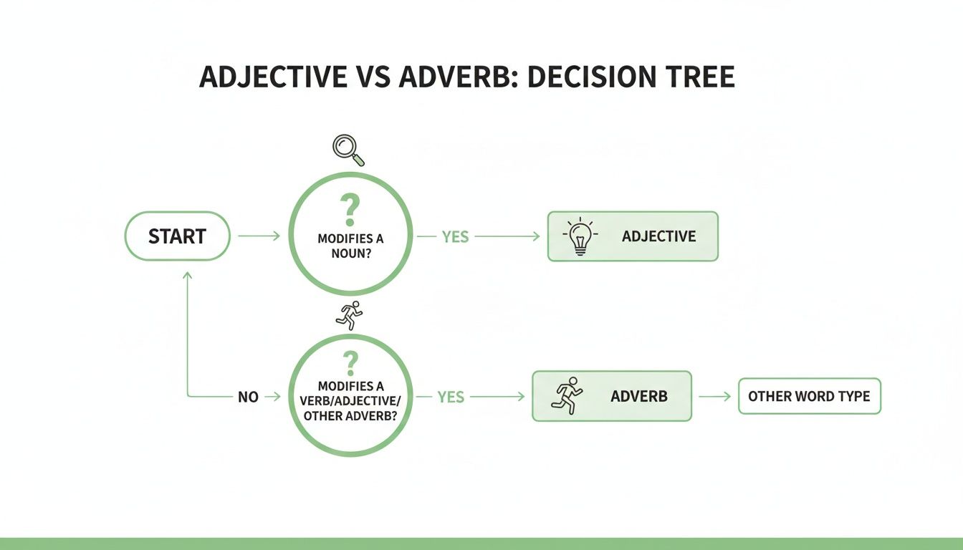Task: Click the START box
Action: click(x=177, y=236)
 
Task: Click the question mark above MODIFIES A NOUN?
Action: click(x=350, y=211)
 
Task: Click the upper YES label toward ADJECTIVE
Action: click(x=455, y=236)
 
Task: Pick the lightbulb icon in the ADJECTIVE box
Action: click(x=579, y=236)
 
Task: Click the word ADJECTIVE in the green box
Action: click(x=658, y=236)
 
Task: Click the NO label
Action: click(x=248, y=397)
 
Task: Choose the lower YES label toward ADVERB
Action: click(x=451, y=397)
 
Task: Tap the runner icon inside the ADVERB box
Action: click(x=567, y=396)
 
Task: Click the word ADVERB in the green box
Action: click(x=638, y=396)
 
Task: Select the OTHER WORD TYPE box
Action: click(x=809, y=396)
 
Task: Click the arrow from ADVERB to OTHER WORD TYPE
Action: click(x=714, y=396)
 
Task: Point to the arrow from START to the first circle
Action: click(x=258, y=236)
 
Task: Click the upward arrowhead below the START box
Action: click(x=188, y=275)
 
